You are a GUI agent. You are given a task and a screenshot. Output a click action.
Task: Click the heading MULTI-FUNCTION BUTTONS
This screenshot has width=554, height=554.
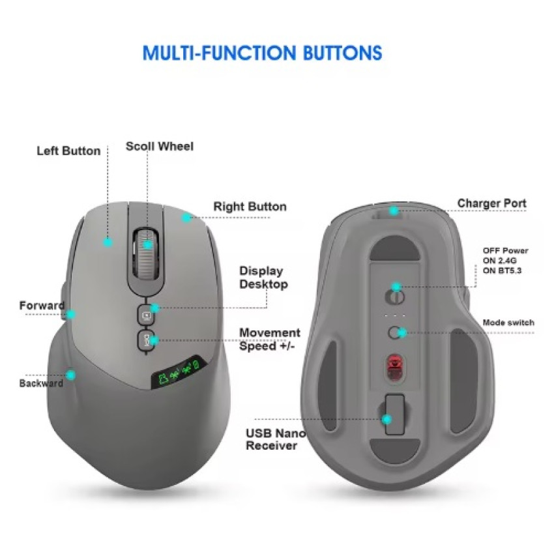[262, 53]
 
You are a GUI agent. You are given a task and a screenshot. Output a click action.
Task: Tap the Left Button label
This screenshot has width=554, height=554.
[68, 151]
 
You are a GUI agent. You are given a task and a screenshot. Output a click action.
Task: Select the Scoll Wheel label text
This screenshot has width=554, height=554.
[159, 146]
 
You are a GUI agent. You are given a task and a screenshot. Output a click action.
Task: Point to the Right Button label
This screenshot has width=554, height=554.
[250, 207]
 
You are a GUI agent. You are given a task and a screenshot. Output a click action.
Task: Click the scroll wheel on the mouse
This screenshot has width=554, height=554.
[146, 253]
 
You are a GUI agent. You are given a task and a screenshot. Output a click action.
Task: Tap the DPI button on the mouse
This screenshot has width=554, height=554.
[145, 340]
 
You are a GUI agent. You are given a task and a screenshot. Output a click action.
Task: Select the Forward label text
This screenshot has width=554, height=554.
[42, 305]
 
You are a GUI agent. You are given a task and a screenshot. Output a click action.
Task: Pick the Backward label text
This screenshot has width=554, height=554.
[41, 383]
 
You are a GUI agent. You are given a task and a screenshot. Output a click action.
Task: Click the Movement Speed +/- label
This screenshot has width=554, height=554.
[270, 339]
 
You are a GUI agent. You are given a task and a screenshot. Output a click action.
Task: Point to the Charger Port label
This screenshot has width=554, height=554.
[491, 203]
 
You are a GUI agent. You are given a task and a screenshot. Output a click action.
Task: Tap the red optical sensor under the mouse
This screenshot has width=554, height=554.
[395, 368]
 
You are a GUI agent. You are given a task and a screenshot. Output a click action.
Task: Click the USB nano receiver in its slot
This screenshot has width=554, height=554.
[395, 414]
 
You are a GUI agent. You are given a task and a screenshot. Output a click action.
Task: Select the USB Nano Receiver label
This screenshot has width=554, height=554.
[276, 439]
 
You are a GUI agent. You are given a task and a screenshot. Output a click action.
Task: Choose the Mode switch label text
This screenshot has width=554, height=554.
[508, 323]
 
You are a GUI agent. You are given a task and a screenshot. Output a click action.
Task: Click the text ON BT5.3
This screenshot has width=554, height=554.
[502, 270]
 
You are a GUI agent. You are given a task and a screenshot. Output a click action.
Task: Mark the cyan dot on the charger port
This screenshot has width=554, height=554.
[394, 211]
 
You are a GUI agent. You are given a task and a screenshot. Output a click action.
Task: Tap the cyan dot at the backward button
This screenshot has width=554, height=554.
[71, 375]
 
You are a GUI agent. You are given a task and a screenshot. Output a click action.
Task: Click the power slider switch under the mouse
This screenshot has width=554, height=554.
[395, 297]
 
